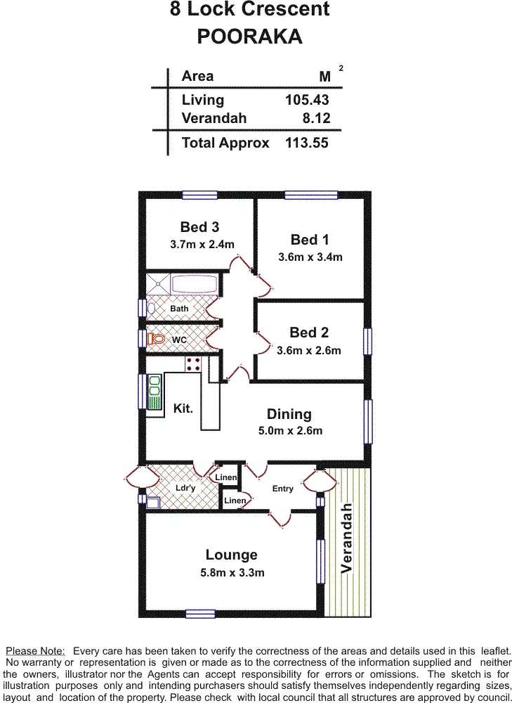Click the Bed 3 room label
(x=199, y=227)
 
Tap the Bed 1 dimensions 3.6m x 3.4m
(x=310, y=257)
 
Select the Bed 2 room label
(x=309, y=333)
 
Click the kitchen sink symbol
(x=155, y=392)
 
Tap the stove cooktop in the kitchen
(x=193, y=364)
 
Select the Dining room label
(x=289, y=414)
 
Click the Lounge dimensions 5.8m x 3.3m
(x=232, y=573)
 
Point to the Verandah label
(x=347, y=538)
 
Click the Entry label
(x=283, y=489)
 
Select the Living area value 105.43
(x=306, y=100)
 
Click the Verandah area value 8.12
(x=315, y=119)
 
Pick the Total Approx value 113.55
(x=306, y=143)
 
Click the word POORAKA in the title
(x=249, y=37)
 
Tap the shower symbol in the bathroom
(x=158, y=285)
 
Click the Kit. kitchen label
(x=183, y=408)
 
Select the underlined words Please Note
(x=35, y=651)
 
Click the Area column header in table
(x=197, y=76)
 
